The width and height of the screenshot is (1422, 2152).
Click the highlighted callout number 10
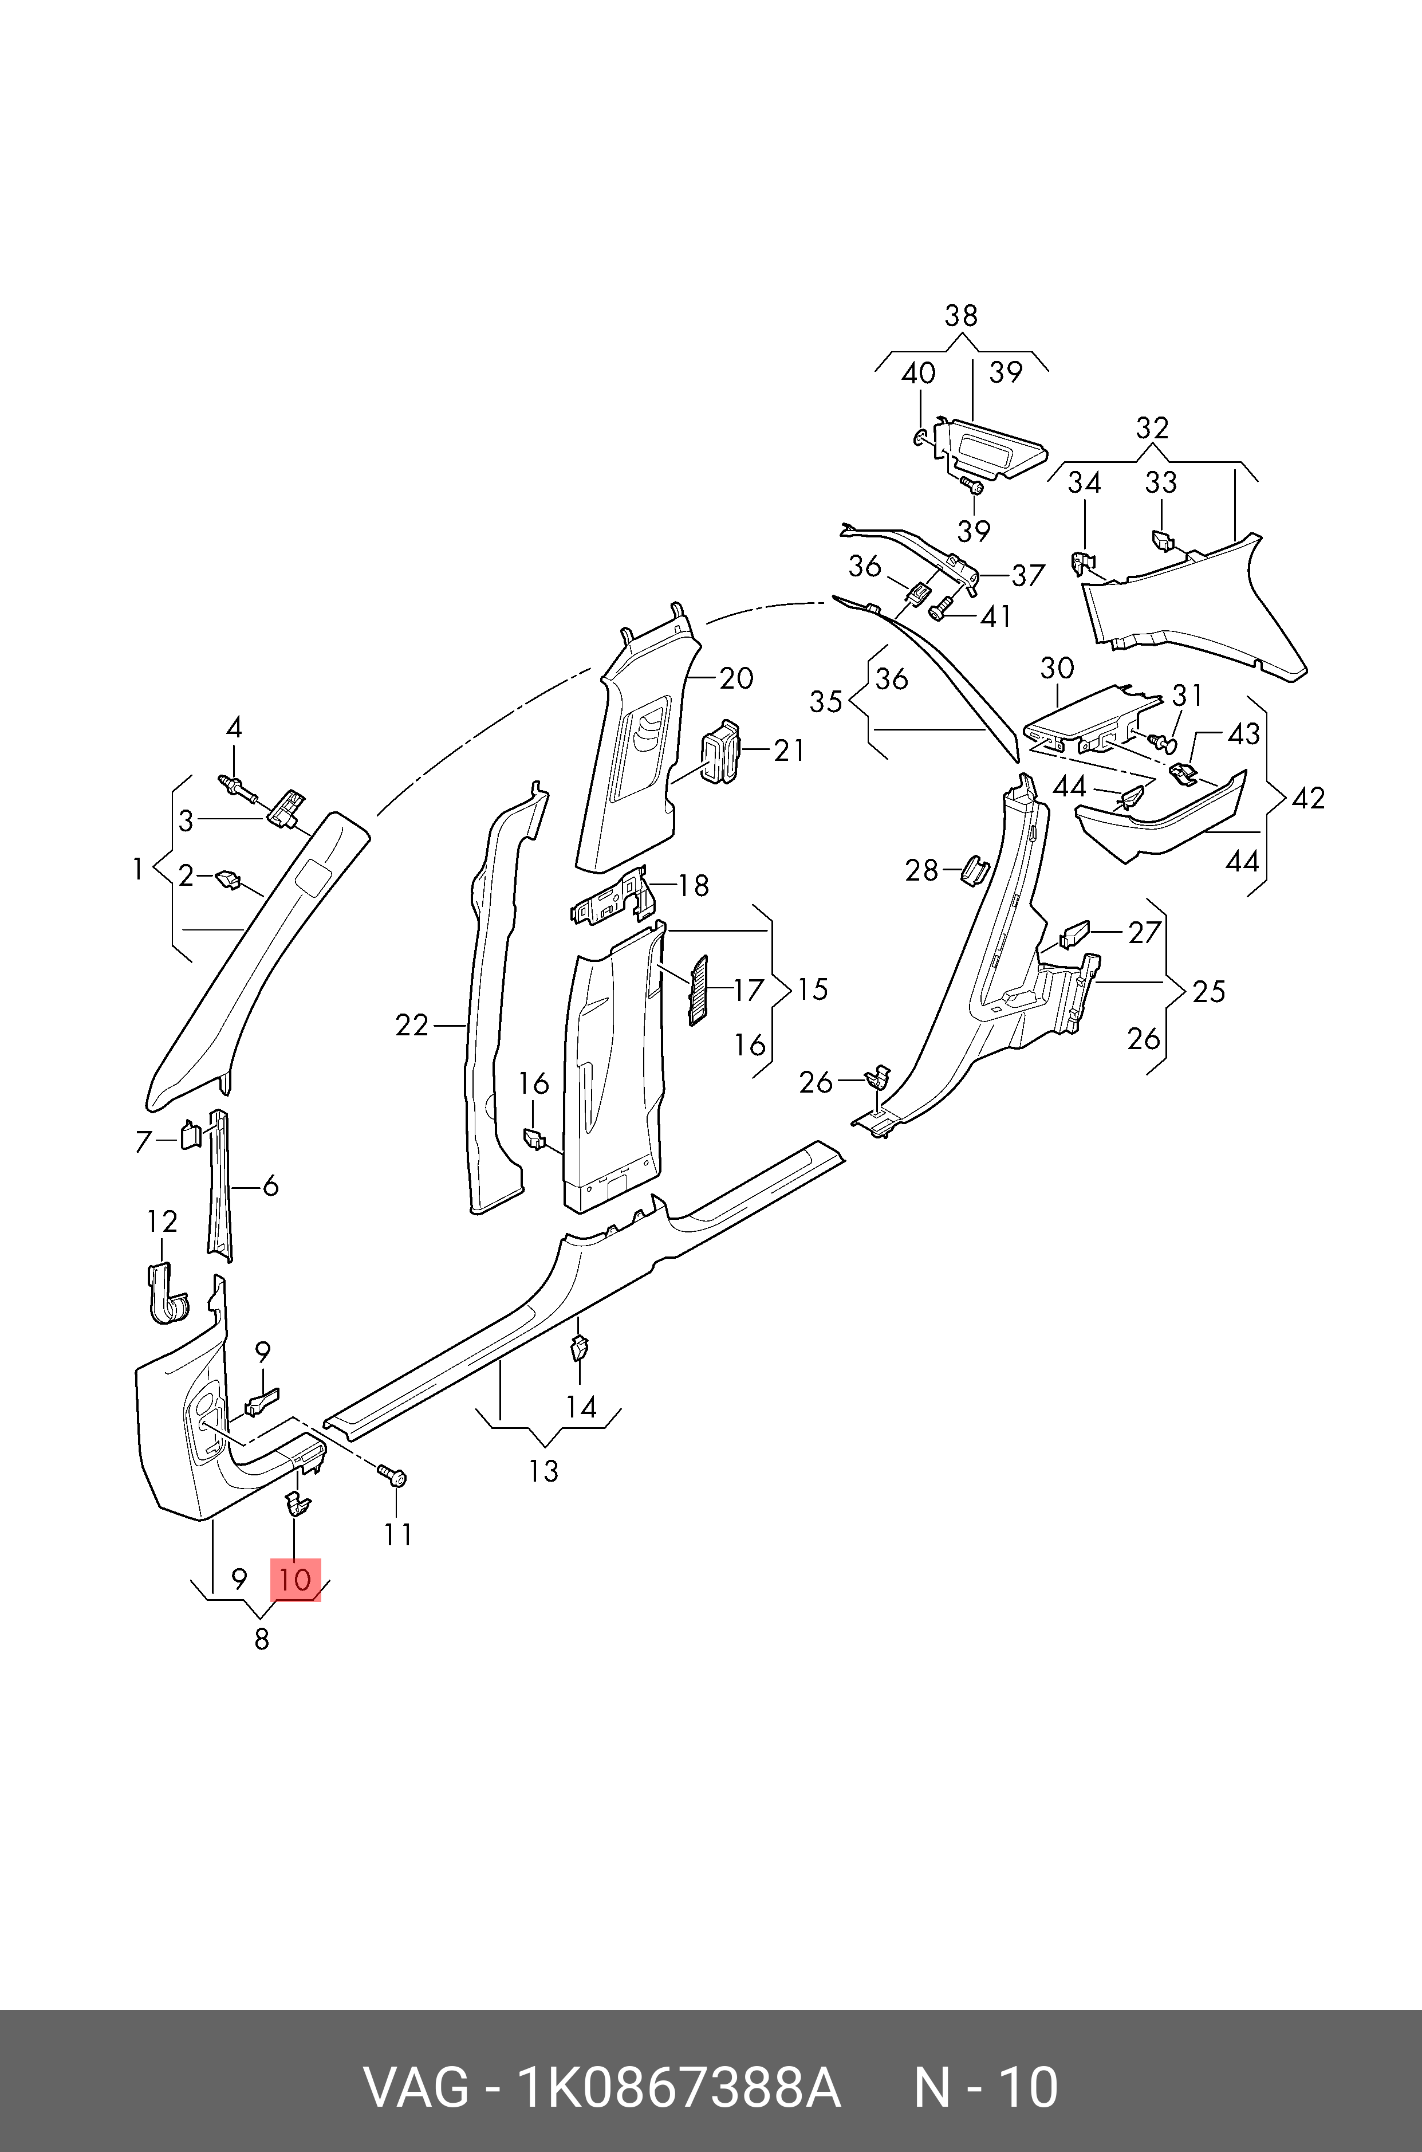point(296,1580)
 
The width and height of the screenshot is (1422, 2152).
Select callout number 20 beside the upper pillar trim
point(736,678)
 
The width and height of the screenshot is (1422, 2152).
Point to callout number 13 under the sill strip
point(543,1471)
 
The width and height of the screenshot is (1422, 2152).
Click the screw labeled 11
point(396,1478)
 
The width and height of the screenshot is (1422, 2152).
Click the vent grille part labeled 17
point(698,990)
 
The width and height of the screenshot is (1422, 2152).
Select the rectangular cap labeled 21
point(719,751)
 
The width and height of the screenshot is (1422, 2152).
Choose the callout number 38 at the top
point(962,316)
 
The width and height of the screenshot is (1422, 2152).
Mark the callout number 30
point(1057,669)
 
